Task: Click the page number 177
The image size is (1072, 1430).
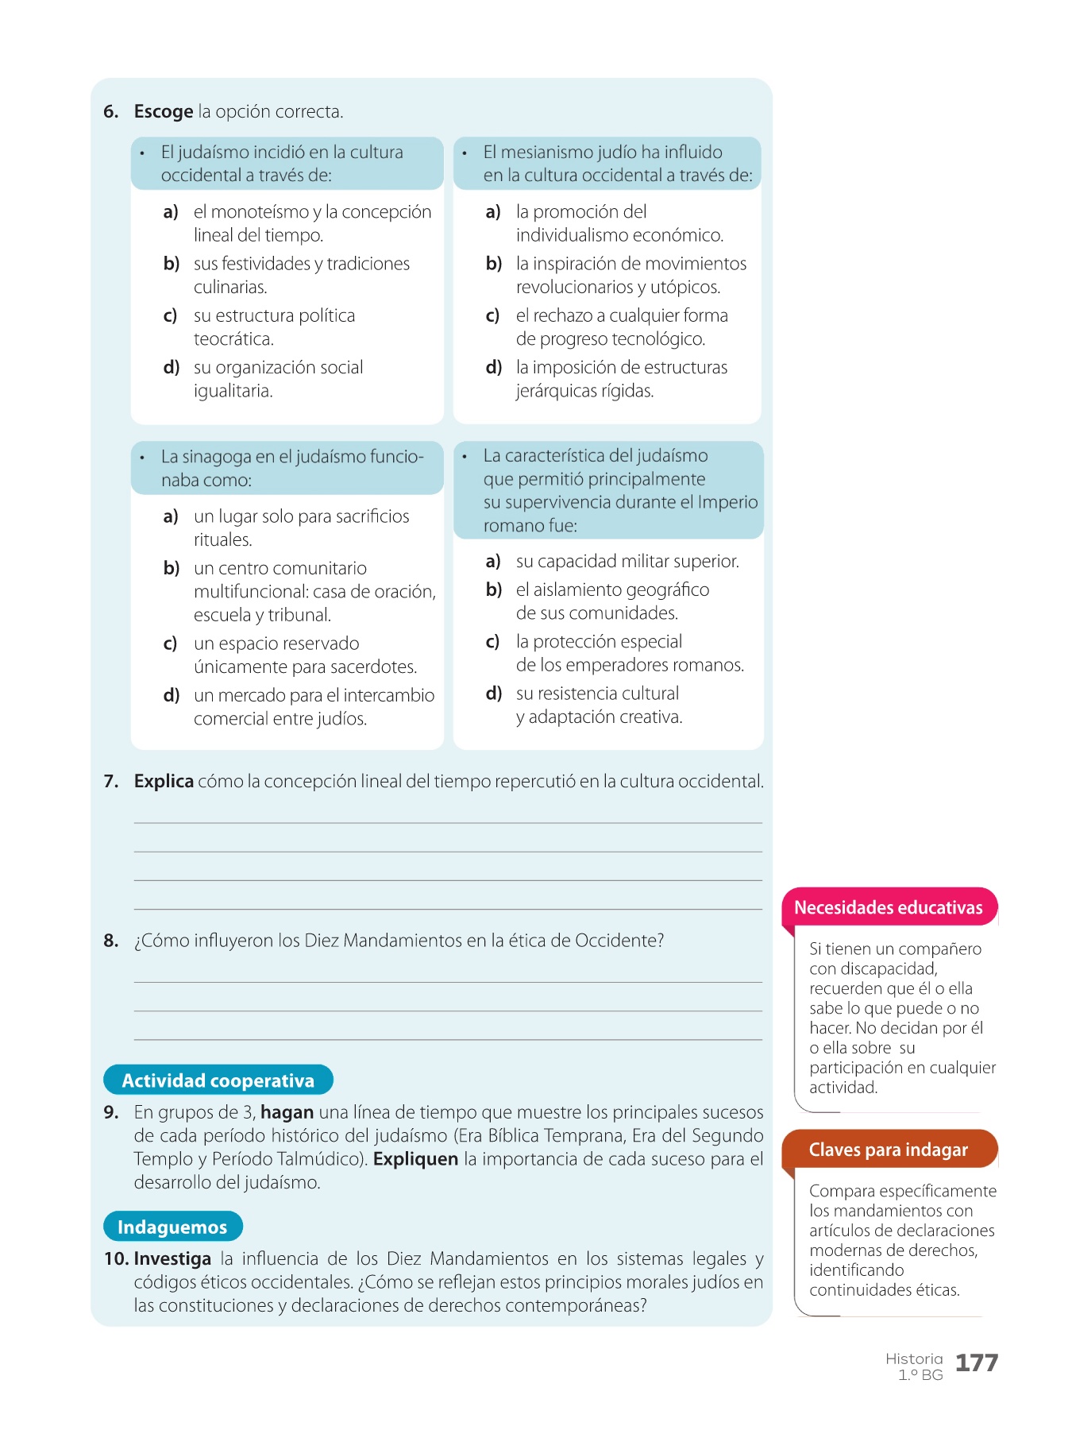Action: click(976, 1363)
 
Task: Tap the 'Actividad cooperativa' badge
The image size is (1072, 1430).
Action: click(218, 1080)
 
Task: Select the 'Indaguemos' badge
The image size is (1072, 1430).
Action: click(172, 1227)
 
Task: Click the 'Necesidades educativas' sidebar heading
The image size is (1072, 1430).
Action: click(888, 908)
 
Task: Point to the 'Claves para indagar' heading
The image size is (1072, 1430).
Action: click(888, 1150)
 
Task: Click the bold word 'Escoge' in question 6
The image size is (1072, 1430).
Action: click(164, 111)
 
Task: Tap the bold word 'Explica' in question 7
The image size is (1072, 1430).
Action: click(164, 782)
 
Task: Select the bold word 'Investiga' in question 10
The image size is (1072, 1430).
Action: click(172, 1259)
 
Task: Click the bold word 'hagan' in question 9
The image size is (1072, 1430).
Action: click(287, 1112)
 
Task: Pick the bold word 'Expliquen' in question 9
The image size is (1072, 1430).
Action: click(415, 1159)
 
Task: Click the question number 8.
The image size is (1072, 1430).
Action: click(111, 941)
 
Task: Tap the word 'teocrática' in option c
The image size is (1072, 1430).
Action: click(233, 339)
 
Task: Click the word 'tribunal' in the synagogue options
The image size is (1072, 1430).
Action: click(299, 615)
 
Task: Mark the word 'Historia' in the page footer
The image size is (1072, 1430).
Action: click(914, 1358)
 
